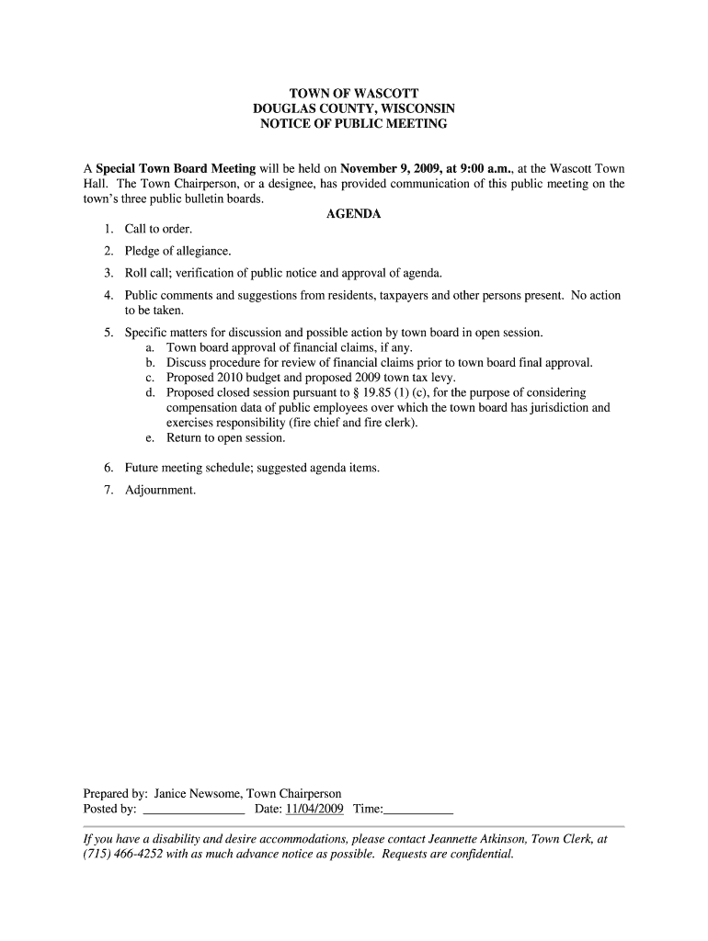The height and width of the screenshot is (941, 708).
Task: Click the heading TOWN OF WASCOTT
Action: coord(353,94)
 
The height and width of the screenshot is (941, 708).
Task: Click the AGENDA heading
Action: coord(353,213)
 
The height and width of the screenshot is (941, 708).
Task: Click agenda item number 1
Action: coord(108,229)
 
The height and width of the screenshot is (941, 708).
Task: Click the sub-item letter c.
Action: coord(149,378)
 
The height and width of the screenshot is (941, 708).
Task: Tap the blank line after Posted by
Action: coord(194,810)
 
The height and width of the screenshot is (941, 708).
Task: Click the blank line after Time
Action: coord(419,810)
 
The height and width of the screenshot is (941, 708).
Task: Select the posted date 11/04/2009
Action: coord(314,809)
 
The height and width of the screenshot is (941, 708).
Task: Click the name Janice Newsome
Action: coord(197,794)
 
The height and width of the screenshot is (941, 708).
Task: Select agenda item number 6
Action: coord(108,468)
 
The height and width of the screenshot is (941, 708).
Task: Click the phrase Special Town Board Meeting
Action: coord(176,169)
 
